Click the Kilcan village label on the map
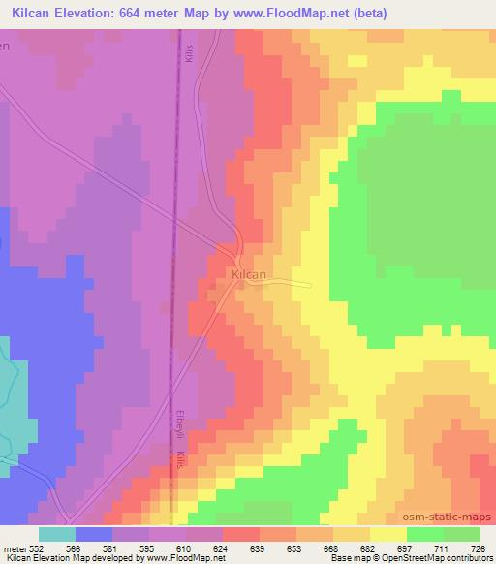250,275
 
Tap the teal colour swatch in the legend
57,534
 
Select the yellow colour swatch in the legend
388,534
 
